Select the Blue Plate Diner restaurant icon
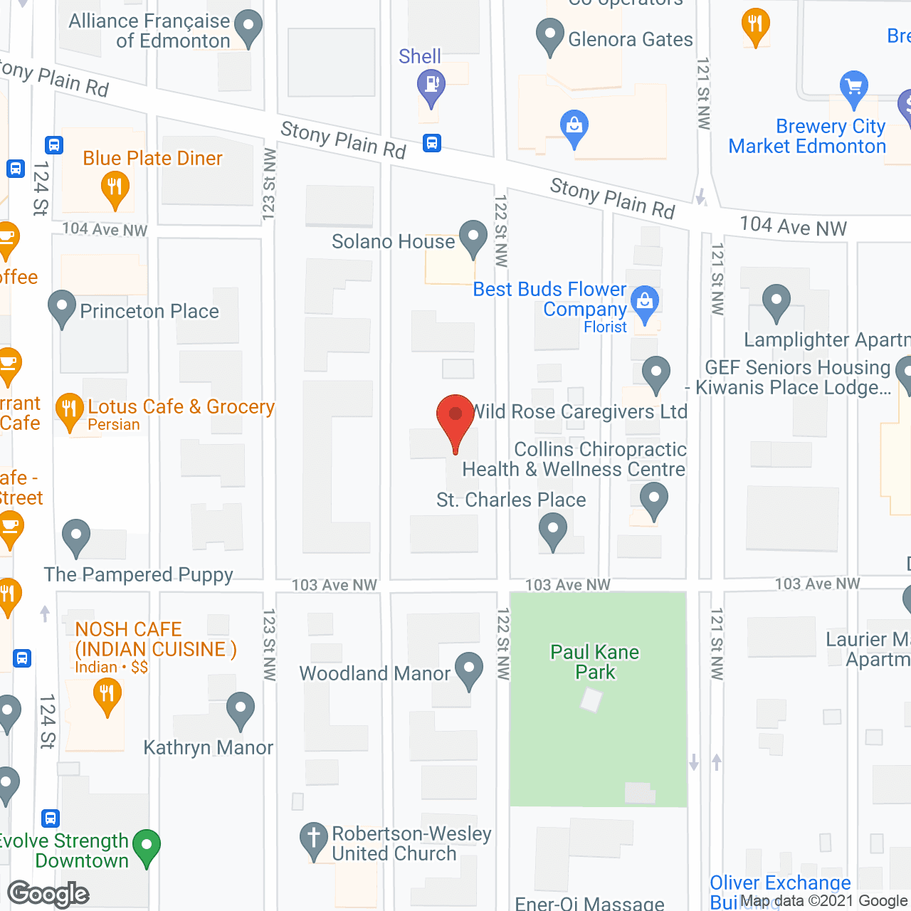[115, 189]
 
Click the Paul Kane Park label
[595, 662]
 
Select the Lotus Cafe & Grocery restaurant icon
[69, 410]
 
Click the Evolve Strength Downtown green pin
[147, 847]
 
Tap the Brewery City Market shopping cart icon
[853, 88]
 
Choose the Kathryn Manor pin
[241, 709]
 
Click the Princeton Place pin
[62, 307]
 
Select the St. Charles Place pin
[552, 530]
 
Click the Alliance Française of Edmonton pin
[248, 27]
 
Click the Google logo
[48, 894]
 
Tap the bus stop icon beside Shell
[431, 143]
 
